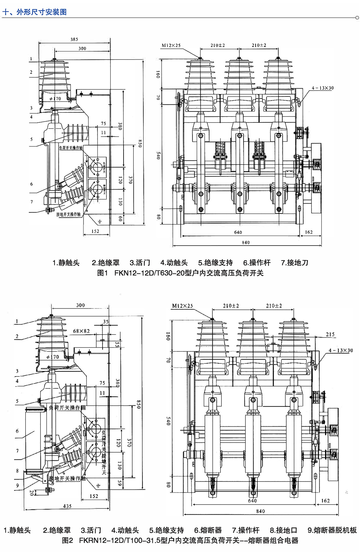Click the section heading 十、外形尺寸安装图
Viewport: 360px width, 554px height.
(34, 12)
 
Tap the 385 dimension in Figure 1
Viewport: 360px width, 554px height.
(74, 39)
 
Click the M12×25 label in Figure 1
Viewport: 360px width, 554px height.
(171, 46)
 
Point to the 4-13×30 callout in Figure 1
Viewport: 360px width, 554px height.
(322, 88)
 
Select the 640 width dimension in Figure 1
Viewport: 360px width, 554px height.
(238, 232)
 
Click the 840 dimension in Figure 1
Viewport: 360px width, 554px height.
(246, 242)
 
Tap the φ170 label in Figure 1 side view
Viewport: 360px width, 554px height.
(55, 98)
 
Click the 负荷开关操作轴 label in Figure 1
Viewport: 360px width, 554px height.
(70, 148)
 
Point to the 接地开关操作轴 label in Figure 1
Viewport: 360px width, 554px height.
(68, 214)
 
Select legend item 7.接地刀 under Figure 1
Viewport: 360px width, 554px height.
(294, 263)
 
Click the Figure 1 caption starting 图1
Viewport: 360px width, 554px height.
(180, 273)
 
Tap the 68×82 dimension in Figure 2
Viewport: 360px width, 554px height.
(81, 331)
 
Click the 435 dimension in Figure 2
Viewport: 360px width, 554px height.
(67, 506)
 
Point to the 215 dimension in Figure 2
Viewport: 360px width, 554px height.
(330, 334)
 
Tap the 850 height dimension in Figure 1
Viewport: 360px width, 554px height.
(140, 143)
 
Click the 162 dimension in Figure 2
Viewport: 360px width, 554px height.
(325, 501)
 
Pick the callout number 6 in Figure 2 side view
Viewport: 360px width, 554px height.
(17, 431)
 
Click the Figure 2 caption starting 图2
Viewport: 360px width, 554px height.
(180, 540)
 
